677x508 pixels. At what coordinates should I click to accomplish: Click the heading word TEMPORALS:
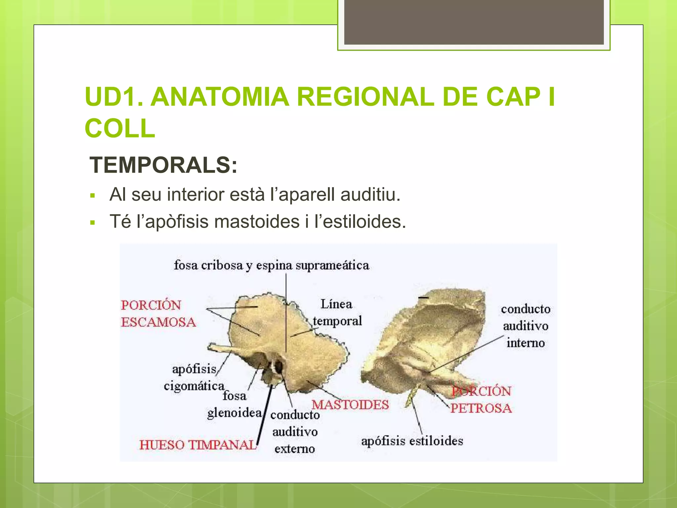163,165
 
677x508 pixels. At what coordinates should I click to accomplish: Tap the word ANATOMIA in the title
220,97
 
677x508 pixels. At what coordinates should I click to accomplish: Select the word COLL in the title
120,128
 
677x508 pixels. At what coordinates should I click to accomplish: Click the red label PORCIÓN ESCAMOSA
158,314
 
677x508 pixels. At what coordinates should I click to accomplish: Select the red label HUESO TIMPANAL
198,445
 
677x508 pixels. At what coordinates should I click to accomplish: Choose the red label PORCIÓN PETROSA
481,400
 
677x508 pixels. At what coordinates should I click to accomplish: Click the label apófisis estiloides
412,441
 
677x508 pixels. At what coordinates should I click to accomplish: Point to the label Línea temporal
337,313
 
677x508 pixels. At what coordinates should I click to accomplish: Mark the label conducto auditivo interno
526,326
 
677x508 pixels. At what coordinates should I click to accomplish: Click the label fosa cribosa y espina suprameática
271,265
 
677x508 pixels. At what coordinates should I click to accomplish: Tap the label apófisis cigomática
194,377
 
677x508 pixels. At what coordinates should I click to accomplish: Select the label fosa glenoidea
235,404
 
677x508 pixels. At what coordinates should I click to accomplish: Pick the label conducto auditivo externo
295,432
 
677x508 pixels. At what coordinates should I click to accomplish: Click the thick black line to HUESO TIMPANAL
264,417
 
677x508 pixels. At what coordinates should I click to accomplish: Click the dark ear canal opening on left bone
279,367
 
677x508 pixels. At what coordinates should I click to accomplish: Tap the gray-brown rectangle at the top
474,22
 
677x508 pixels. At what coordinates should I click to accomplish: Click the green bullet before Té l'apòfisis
93,223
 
